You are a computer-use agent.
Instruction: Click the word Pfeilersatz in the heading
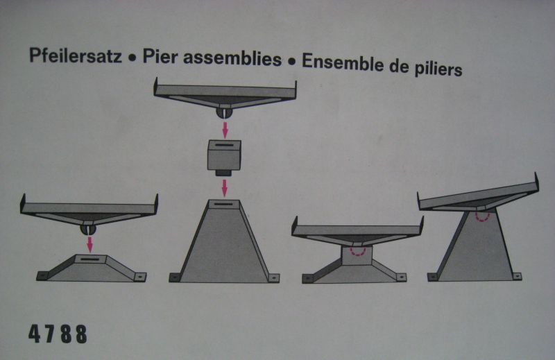[76, 56]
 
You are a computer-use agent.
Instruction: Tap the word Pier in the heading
[160, 58]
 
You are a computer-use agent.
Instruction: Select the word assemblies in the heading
[232, 59]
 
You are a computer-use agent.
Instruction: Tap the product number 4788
[58, 334]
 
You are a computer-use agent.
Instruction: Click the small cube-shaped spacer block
[223, 155]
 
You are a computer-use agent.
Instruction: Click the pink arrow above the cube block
[225, 130]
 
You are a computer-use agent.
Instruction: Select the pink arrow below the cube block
[224, 188]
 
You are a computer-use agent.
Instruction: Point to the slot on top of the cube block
[223, 145]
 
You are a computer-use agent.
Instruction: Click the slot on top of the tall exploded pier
[223, 204]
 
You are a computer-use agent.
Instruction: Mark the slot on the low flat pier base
[90, 259]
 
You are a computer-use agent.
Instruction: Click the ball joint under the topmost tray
[224, 113]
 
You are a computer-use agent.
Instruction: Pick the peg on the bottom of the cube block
[223, 173]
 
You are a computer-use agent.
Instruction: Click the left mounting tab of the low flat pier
[42, 276]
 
